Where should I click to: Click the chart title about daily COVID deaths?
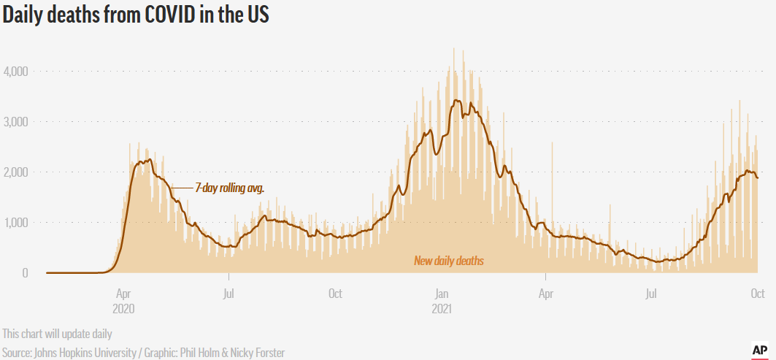coord(137,15)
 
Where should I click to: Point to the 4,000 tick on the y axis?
coord(15,72)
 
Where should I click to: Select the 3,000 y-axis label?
coord(15,122)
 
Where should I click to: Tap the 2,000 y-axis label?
coord(15,172)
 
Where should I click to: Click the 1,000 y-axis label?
coord(15,223)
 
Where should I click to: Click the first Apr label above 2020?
coord(123,294)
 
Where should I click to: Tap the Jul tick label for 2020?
coord(229,294)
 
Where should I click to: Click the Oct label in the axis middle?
coord(335,294)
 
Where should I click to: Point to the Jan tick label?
coord(441,294)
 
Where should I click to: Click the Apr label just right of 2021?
coord(545,294)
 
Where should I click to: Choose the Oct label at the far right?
coord(757,294)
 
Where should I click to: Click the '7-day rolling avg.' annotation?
coord(229,188)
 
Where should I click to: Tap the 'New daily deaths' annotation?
coord(449,261)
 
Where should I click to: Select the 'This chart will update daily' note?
coord(57,334)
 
